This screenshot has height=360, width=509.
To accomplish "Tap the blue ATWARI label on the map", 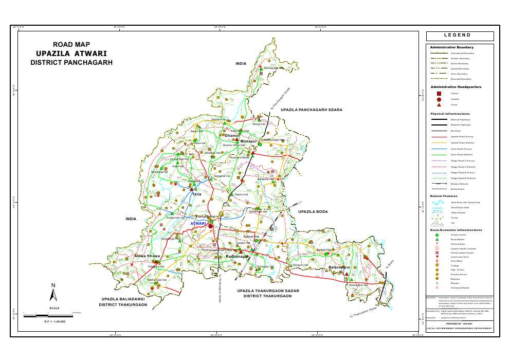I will click(198, 224).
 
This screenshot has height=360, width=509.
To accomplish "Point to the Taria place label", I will click(196, 194).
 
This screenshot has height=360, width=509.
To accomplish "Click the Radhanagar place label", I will click(237, 256).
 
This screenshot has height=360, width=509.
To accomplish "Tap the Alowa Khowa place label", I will click(148, 256).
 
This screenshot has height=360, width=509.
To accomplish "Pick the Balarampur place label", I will click(339, 268).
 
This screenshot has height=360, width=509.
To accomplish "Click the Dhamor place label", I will click(233, 135).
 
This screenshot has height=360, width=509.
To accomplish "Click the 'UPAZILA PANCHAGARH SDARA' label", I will click(311, 110).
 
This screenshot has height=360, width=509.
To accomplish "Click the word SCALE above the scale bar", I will click(54, 308).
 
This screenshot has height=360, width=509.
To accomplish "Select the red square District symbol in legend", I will click(439, 94).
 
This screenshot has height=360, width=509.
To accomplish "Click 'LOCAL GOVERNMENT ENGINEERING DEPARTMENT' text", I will click(459, 329).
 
